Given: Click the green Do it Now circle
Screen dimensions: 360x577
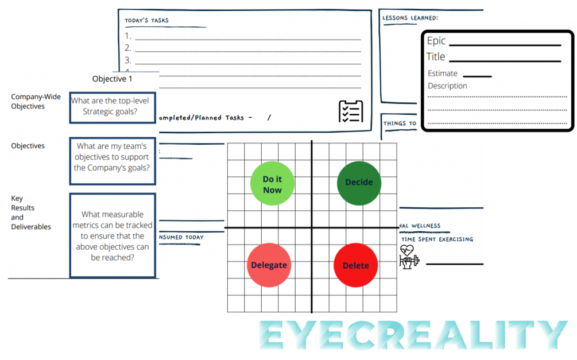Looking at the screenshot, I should (272, 184).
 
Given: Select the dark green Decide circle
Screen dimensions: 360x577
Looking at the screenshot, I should (359, 183).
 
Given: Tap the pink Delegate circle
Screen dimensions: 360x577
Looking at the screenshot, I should (269, 265).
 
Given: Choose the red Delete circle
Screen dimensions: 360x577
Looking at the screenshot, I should (355, 265).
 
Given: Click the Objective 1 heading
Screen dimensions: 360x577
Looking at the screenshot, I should (112, 79).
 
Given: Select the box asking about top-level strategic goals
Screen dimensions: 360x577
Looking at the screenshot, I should (113, 107).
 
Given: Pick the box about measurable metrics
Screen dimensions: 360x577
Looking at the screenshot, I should (113, 235).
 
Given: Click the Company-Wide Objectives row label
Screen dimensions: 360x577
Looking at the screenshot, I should (28, 102).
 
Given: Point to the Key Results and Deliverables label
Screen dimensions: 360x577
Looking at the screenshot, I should (31, 212).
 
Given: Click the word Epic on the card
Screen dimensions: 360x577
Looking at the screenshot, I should (436, 41).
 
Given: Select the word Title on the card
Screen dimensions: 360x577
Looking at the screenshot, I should (436, 56).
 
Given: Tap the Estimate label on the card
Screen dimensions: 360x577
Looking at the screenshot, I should (443, 73).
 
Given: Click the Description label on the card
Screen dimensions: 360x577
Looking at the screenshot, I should (447, 86).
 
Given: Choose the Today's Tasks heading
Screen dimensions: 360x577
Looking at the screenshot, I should (147, 21).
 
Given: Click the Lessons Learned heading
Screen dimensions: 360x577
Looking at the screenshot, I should (410, 18).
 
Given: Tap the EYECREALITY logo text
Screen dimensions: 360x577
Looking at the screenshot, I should (413, 335).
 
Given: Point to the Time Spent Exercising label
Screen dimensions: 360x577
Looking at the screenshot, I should (437, 239).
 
